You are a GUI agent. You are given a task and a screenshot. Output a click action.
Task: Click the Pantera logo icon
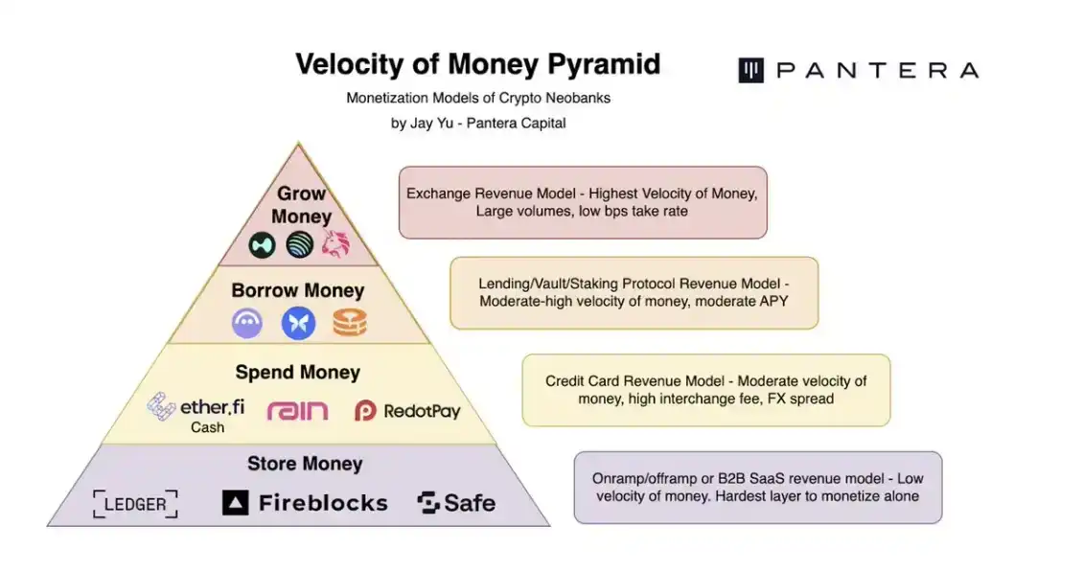point(750,70)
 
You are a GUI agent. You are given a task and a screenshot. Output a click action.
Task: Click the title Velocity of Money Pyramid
point(477,64)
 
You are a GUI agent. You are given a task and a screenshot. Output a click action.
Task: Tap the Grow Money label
point(302,204)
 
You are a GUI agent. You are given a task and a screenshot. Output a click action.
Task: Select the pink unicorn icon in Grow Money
point(335,245)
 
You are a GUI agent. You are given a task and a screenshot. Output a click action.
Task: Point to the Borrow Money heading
point(298,289)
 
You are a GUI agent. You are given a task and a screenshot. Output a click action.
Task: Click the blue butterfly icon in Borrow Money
point(298,323)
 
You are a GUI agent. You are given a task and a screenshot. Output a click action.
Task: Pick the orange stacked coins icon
point(350,323)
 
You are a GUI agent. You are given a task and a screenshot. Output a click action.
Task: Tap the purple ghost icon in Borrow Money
point(247,323)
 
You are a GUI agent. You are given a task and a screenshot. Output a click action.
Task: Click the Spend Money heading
point(298,372)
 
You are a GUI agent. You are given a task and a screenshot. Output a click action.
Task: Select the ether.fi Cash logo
point(196,412)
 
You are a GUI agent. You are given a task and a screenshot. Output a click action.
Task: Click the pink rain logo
point(297,411)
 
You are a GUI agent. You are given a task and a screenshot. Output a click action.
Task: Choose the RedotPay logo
point(407,411)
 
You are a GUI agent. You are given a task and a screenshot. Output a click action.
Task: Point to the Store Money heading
point(305,464)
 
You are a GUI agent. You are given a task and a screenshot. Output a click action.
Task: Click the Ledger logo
point(135,504)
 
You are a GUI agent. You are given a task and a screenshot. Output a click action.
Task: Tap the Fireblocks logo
point(305,503)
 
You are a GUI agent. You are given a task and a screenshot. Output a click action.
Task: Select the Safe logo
point(456,503)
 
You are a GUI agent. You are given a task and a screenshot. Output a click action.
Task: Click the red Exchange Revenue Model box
point(583,202)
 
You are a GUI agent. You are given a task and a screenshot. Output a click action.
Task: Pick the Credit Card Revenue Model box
point(705,390)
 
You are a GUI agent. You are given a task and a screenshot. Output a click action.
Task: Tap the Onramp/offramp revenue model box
point(757,487)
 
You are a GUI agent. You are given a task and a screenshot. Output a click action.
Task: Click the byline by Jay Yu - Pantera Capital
point(478,123)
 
